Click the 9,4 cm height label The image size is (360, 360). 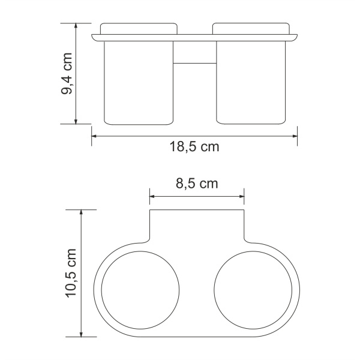(67, 73)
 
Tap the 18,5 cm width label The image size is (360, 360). (194, 148)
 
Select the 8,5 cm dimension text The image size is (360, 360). (196, 184)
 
